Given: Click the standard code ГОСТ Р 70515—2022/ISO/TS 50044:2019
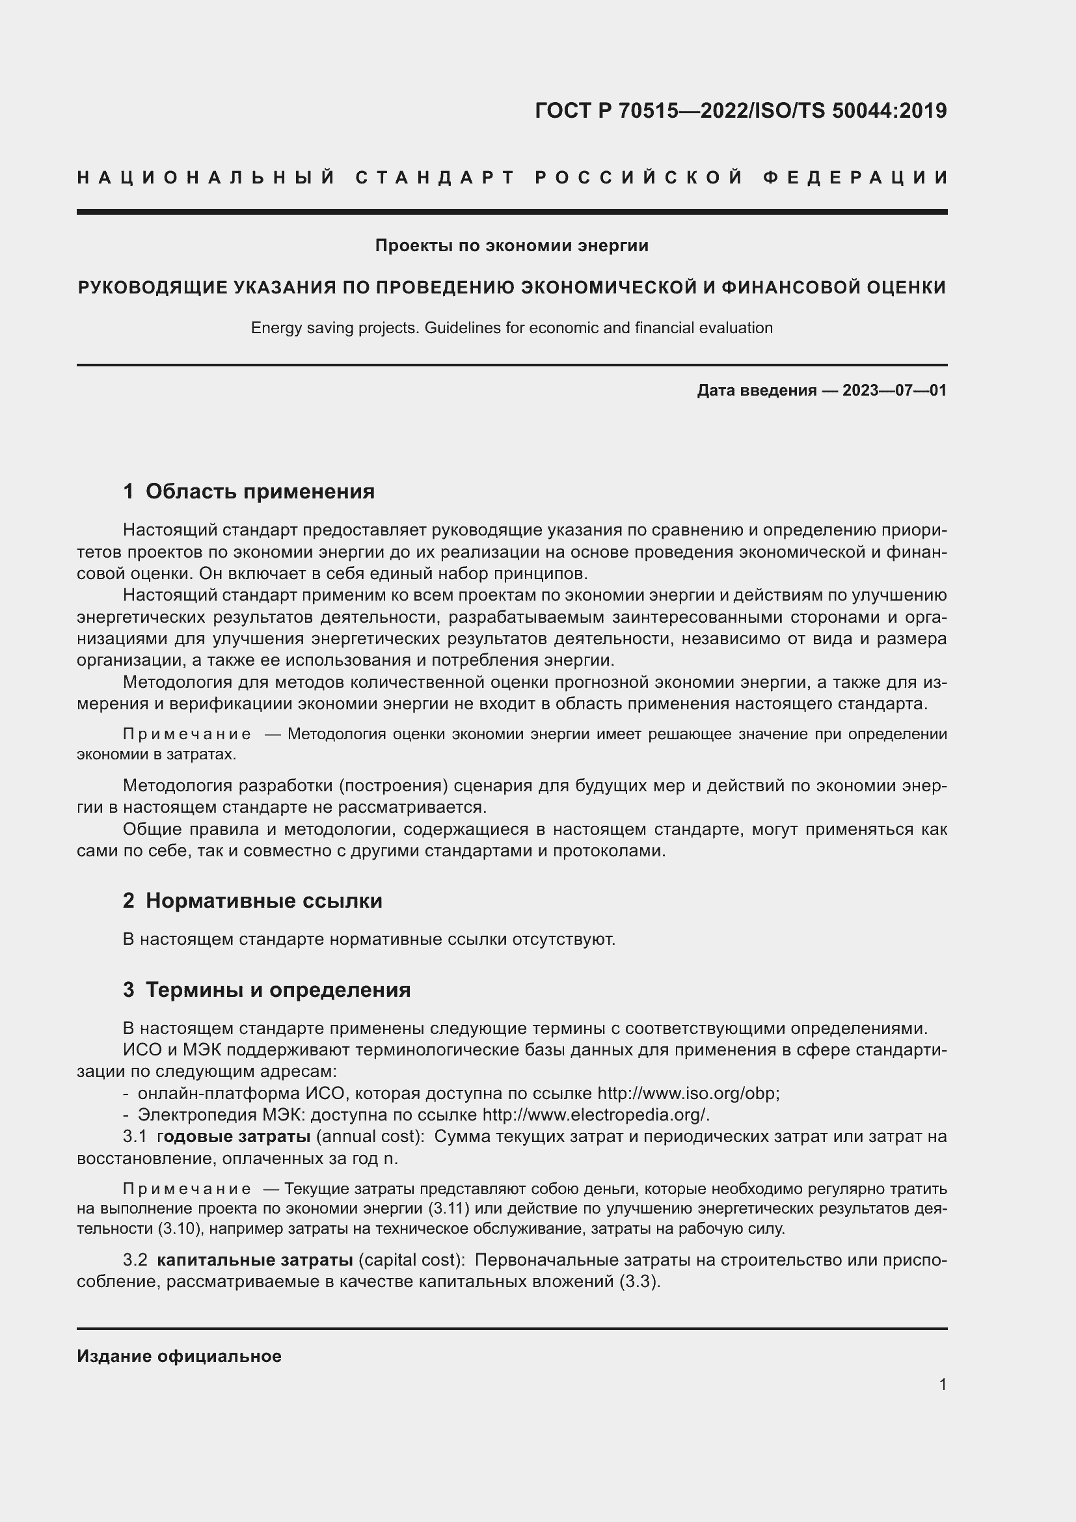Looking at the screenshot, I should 740,111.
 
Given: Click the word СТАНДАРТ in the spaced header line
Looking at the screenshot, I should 435,178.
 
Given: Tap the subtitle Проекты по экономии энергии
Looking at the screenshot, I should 511,246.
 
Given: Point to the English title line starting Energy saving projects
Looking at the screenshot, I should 511,328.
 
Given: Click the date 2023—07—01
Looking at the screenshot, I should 894,390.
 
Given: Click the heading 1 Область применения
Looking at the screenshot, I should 249,491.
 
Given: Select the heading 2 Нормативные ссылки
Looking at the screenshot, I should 252,901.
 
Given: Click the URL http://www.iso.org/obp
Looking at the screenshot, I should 688,1093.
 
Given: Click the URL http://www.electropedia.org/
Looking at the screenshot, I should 595,1115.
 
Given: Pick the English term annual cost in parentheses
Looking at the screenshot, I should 370,1137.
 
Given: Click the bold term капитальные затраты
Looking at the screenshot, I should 255,1260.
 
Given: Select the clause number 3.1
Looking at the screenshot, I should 135,1137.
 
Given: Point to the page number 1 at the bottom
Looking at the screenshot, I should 943,1385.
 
